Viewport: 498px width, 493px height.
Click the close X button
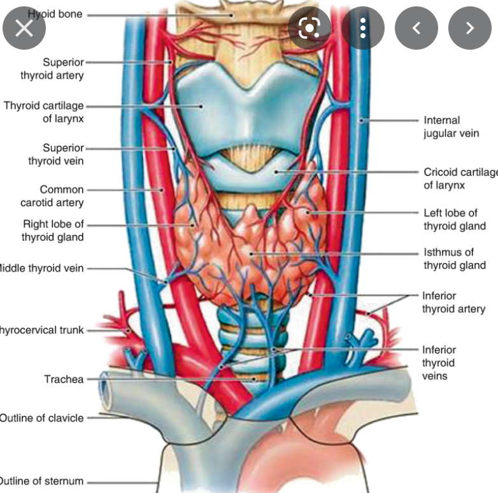24,27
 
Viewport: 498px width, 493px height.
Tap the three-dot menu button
363,27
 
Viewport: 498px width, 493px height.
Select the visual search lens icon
309,27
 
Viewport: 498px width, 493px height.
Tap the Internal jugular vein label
451,126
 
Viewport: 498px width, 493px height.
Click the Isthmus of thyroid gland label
454,259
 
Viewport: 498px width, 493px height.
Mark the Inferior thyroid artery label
453,303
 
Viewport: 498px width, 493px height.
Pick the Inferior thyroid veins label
438,362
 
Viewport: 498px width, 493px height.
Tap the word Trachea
64,379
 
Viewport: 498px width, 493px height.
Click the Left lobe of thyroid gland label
454,219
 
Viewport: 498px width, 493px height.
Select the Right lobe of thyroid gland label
53,231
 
